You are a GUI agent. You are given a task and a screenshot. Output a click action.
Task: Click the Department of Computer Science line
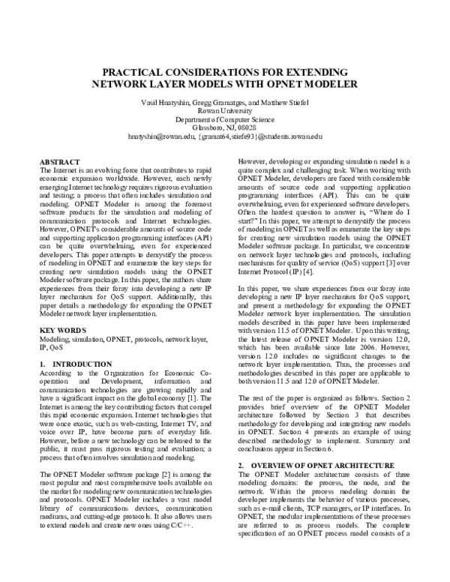226,120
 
